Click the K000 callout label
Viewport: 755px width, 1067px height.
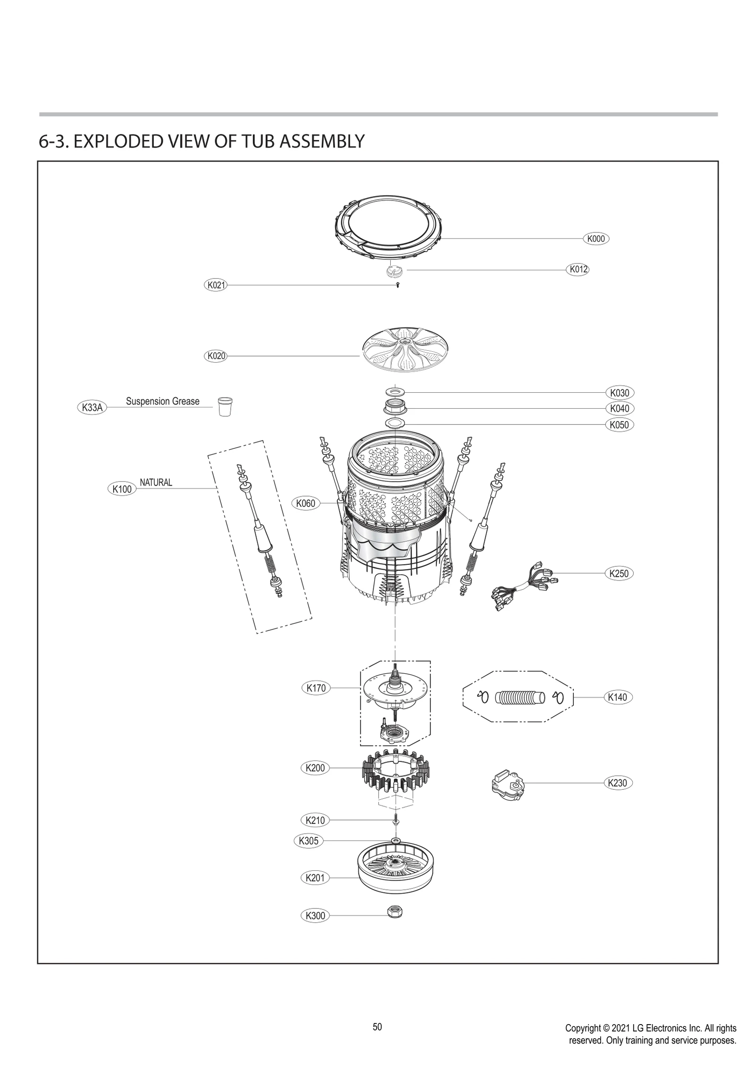596,239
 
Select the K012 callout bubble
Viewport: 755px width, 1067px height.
578,270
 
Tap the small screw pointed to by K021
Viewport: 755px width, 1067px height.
398,285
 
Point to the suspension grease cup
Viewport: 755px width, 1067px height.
225,406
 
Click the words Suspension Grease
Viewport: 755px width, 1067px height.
162,401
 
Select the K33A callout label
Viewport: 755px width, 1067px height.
92,407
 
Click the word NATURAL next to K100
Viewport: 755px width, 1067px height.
156,482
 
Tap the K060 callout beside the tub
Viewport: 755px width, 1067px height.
305,503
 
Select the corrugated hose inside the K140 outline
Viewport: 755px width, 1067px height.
520,697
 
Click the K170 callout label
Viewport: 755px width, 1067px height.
316,688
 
